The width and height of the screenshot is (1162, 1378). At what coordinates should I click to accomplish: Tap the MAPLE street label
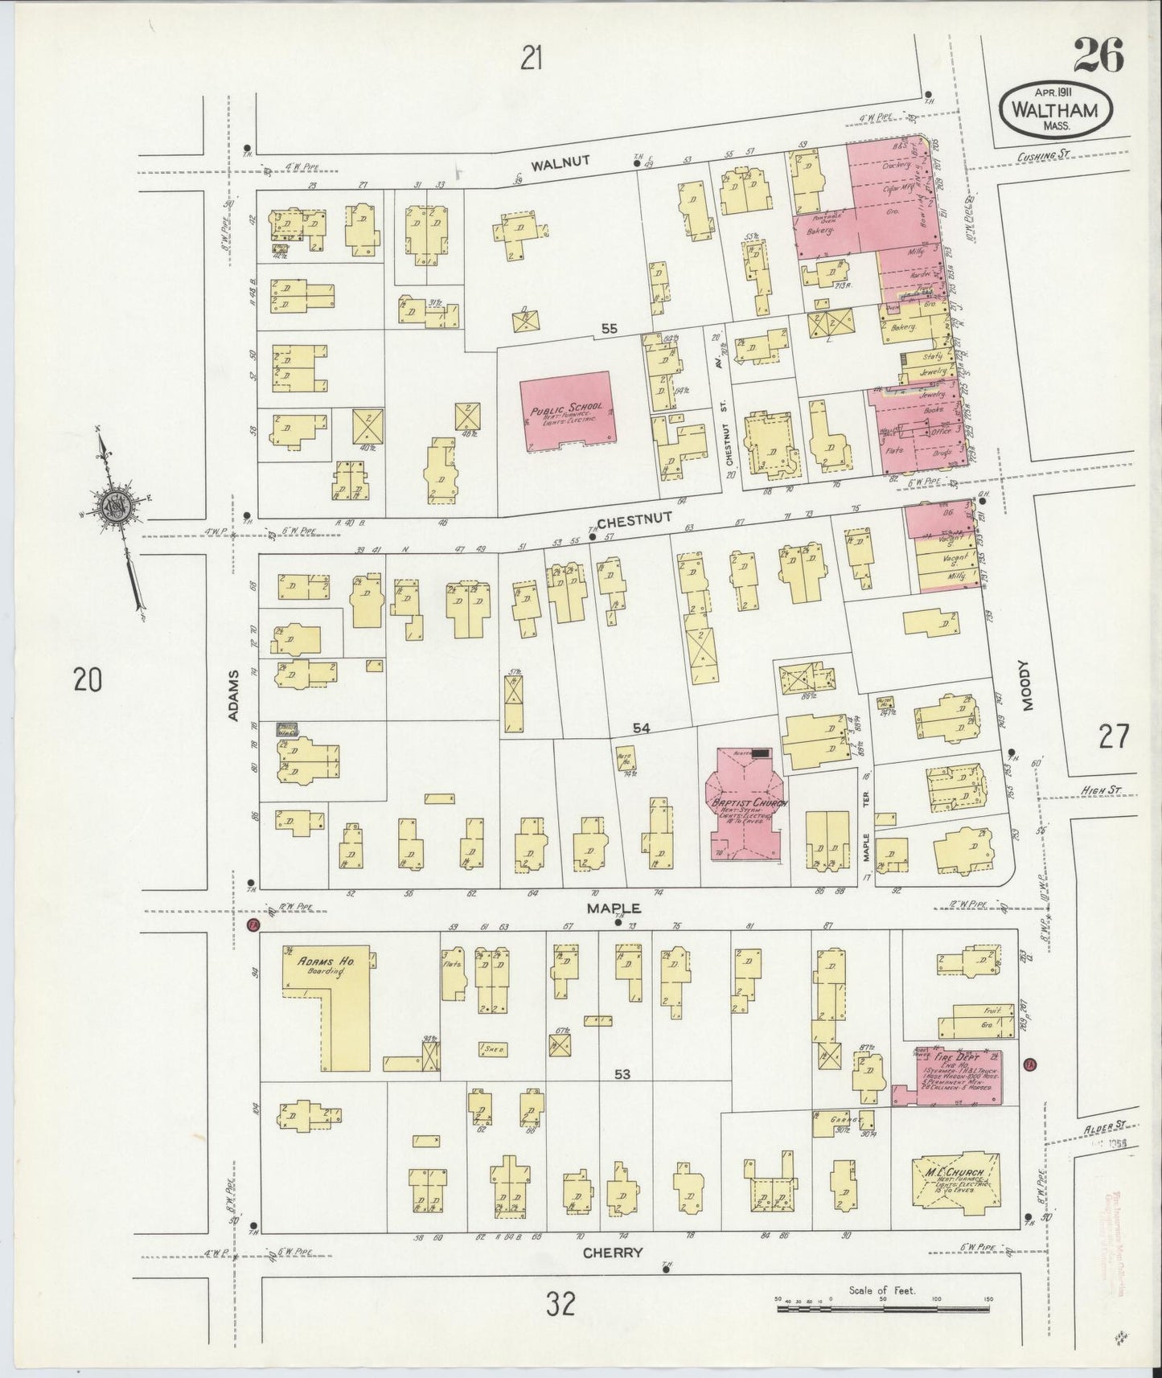[x=614, y=908]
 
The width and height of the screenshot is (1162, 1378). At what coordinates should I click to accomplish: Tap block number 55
[x=609, y=329]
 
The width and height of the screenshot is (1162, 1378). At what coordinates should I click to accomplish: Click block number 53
[x=622, y=1075]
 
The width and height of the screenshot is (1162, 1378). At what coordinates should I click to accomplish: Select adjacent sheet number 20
[x=88, y=680]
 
